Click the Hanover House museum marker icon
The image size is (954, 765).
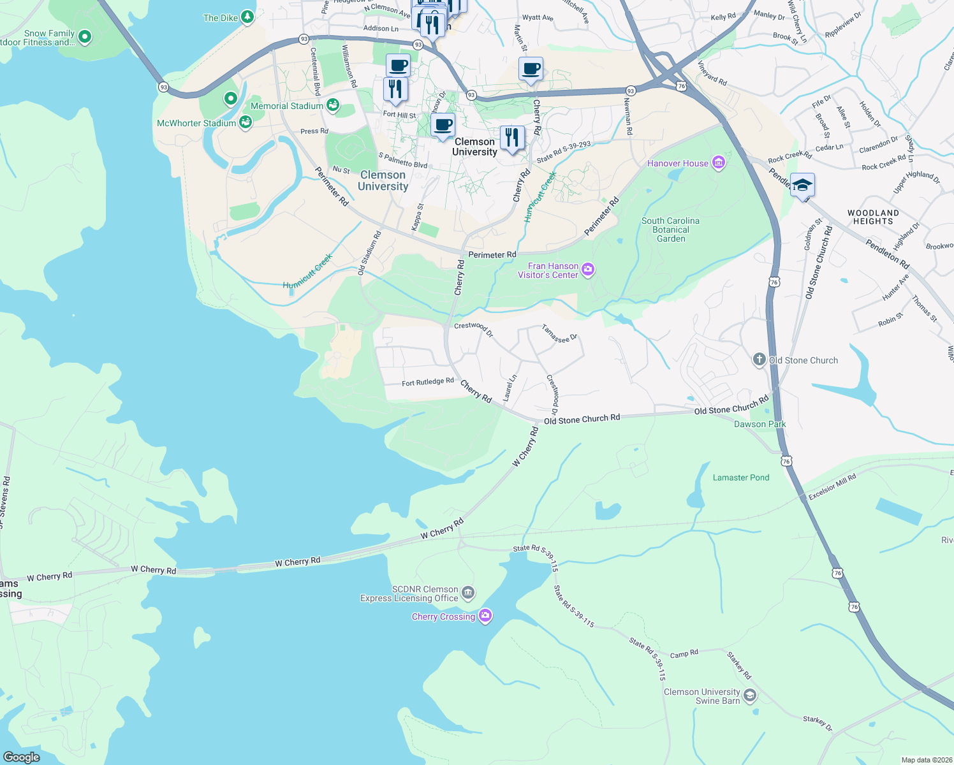point(719,163)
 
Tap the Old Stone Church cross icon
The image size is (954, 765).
point(759,360)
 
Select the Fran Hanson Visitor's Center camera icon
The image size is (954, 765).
point(588,270)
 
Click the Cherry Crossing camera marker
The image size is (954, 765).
point(485,616)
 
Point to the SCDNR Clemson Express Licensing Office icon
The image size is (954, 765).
point(468,594)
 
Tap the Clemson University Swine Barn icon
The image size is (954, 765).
point(750,696)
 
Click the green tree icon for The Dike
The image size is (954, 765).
point(247,17)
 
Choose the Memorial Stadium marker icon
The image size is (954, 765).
point(332,106)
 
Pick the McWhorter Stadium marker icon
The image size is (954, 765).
point(246,122)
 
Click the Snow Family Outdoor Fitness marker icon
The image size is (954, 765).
point(85,37)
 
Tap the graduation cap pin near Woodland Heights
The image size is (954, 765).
point(802,186)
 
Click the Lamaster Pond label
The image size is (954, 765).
point(741,477)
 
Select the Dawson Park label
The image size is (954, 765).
point(760,424)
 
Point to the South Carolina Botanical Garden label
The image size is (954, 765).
point(670,229)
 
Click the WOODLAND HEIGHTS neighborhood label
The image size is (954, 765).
point(873,217)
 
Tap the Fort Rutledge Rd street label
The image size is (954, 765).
point(427,382)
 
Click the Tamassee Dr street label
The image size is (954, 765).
point(559,333)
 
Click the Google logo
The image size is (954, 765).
point(22,757)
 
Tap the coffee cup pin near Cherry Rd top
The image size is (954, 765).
point(531,69)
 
